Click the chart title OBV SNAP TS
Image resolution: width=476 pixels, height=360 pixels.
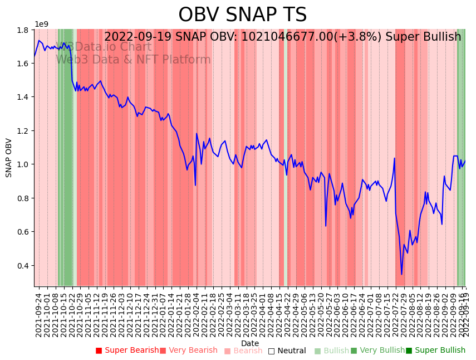coord(242,15)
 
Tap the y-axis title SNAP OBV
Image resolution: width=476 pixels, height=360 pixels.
coord(9,158)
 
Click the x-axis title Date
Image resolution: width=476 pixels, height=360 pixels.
coord(250,343)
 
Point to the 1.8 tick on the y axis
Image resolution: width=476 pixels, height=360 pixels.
coord(24,30)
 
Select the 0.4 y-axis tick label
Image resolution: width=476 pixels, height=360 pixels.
coord(24,265)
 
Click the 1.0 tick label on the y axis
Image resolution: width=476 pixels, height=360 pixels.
coord(24,164)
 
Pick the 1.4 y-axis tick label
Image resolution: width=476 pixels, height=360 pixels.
coord(24,97)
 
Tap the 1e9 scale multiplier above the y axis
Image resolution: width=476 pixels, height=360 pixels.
coord(42,24)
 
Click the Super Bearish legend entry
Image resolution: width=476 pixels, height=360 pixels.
coord(127,351)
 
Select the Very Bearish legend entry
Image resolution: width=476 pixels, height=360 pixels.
coord(189,351)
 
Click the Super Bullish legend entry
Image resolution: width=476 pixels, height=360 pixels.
coord(435,351)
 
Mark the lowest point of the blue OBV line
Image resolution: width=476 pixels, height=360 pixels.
coord(401,274)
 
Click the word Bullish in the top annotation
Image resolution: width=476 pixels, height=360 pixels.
coord(443,37)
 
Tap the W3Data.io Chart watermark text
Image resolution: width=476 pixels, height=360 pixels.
coord(104,47)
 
